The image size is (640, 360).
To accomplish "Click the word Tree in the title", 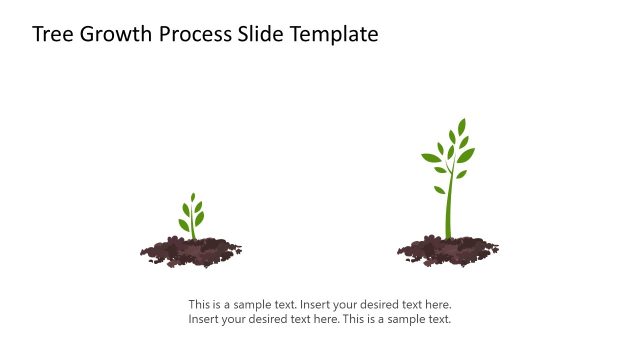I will coord(52,35).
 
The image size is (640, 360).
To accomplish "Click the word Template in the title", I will coord(335,35).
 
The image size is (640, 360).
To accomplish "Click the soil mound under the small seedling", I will coord(190,251).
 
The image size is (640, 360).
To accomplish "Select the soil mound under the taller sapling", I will coord(447,250).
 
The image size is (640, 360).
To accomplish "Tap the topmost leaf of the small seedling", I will coord(193,198).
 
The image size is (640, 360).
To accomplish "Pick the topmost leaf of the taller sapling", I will coord(461,127).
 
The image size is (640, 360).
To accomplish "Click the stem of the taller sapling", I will coord(449,210).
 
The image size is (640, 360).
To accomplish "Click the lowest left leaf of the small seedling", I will coord(184,225).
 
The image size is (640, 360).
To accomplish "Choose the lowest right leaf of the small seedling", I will coord(199,218).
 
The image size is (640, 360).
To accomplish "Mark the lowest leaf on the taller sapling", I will coord(439,189).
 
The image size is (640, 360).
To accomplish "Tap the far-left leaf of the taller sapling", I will coord(430,158).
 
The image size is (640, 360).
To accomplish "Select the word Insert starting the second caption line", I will coord(204,320).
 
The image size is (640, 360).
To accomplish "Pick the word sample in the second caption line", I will coord(403,320).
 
